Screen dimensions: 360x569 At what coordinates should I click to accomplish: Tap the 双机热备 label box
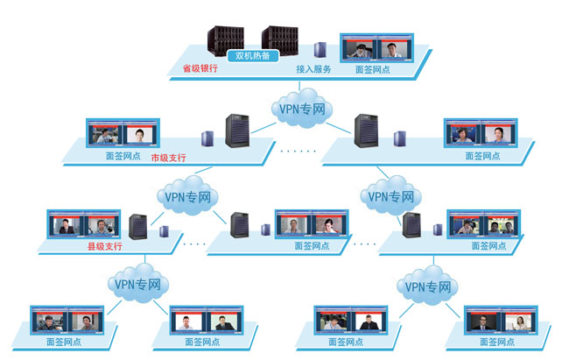pos(252,56)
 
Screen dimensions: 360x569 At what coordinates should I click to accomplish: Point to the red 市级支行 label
pos(168,158)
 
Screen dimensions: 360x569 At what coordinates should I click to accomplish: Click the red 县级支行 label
pos(104,248)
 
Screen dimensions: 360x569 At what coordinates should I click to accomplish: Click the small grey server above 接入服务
pos(321,49)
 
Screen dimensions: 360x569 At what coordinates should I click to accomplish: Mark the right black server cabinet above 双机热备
pos(280,38)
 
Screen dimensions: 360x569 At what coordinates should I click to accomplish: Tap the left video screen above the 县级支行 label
pos(64,224)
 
